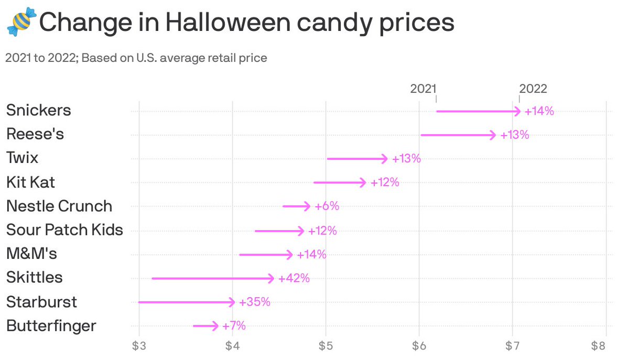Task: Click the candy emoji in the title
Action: tap(21, 22)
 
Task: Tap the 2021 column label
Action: tap(423, 89)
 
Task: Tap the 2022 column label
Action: tap(533, 89)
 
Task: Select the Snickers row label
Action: tap(38, 111)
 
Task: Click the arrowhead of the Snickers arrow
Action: tap(518, 111)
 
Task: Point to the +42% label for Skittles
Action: tap(294, 278)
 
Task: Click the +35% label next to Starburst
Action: tap(255, 302)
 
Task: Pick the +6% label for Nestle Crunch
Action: tap(327, 206)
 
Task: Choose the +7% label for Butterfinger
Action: tap(234, 326)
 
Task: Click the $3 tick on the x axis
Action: tap(139, 346)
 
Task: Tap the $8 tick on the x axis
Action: tap(605, 346)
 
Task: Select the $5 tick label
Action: tap(326, 346)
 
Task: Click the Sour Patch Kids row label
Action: tap(64, 230)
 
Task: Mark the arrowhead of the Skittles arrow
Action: tap(271, 278)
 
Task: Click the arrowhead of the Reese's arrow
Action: tap(493, 135)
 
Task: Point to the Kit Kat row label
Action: tap(30, 182)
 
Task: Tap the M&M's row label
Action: tap(31, 254)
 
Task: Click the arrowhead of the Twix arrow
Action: tap(385, 159)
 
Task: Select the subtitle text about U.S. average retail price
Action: tap(136, 58)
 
